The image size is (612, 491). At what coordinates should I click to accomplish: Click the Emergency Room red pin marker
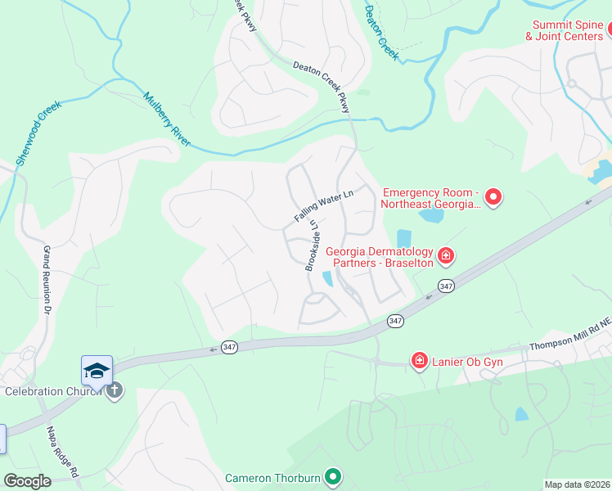(x=493, y=196)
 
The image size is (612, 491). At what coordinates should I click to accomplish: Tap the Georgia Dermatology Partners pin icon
(x=446, y=256)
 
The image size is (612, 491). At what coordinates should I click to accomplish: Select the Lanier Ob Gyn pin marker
(x=420, y=360)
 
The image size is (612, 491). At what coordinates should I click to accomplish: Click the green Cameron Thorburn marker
(x=332, y=475)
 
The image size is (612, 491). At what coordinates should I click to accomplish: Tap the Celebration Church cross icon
(x=115, y=390)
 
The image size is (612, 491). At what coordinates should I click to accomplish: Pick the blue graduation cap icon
(x=97, y=371)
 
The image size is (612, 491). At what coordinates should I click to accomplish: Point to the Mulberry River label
(x=167, y=119)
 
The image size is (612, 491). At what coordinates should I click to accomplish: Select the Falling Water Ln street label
(x=323, y=205)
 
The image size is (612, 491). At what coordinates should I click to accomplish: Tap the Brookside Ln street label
(x=312, y=245)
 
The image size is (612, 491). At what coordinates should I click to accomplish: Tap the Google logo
(x=28, y=481)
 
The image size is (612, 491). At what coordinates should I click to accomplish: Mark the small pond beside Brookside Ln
(x=328, y=279)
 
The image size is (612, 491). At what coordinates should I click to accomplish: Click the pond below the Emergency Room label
(x=430, y=216)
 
